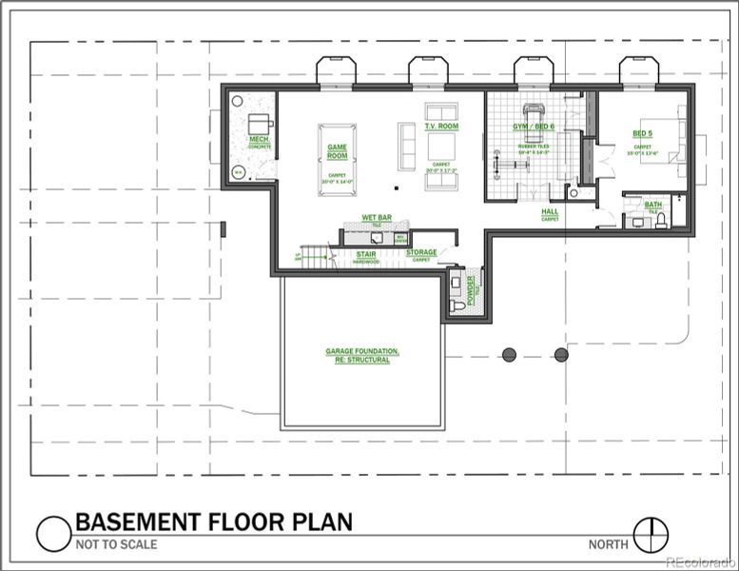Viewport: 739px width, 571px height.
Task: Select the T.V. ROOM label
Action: click(441, 128)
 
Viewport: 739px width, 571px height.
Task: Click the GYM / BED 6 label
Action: click(534, 127)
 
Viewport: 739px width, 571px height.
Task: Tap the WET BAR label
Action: click(377, 218)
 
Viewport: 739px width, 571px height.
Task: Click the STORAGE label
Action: click(421, 252)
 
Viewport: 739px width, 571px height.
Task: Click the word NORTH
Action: click(607, 544)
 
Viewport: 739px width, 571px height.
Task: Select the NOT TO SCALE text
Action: click(116, 545)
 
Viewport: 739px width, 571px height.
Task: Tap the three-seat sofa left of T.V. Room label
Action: click(406, 146)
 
